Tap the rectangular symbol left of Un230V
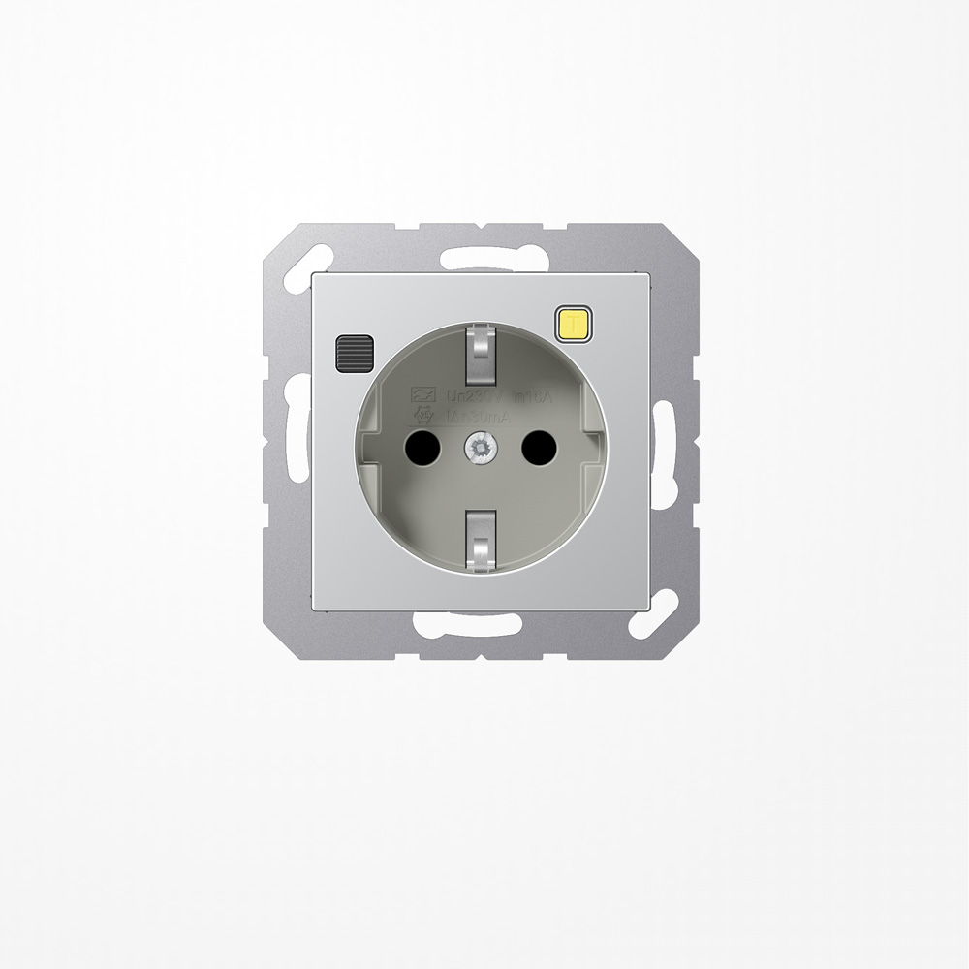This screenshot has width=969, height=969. coord(422,396)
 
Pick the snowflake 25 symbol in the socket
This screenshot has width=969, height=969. coord(423,414)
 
